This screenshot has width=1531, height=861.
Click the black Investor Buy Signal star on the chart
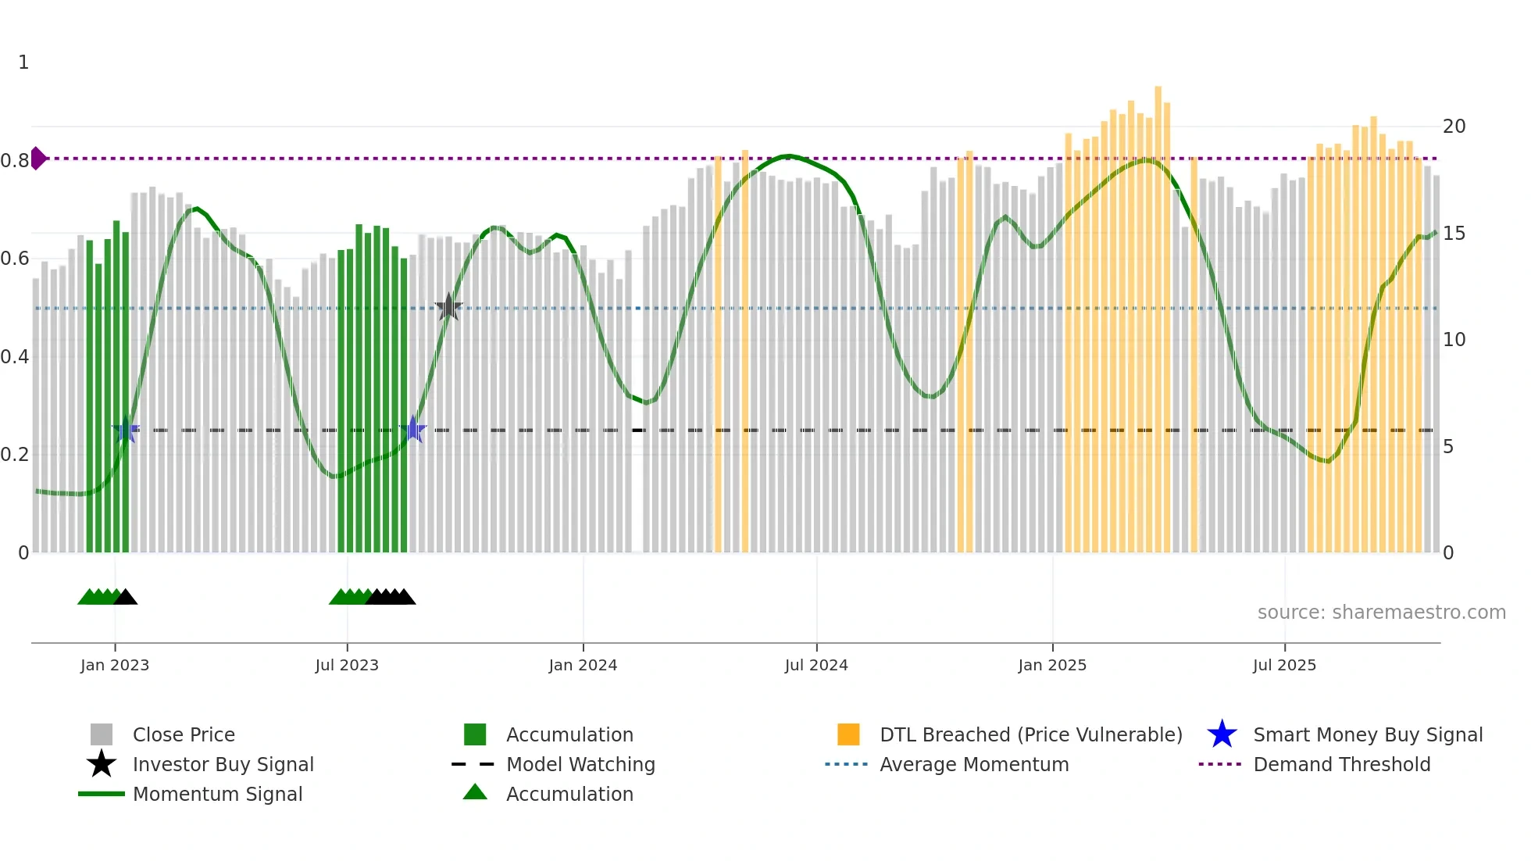click(x=448, y=307)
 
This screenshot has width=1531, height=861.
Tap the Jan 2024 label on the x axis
click(x=583, y=665)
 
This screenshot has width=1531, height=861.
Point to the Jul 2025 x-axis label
click(x=1284, y=665)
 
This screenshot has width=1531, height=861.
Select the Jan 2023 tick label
click(x=115, y=665)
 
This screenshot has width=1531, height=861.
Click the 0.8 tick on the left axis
click(x=15, y=161)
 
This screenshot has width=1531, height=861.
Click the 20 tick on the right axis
click(x=1454, y=127)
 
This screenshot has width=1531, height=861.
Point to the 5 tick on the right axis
click(x=1448, y=447)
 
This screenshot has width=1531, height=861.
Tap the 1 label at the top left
click(x=23, y=63)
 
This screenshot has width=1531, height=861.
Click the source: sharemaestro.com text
click(x=1381, y=612)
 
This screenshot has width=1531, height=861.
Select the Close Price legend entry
click(x=184, y=734)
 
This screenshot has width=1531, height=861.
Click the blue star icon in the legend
click(x=1222, y=734)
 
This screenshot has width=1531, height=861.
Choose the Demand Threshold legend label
click(x=1341, y=764)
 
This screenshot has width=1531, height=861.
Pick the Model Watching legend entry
click(x=580, y=764)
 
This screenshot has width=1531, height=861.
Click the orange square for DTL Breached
click(x=848, y=734)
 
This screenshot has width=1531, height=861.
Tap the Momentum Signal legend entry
click(x=217, y=794)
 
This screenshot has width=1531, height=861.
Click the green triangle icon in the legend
click(x=475, y=793)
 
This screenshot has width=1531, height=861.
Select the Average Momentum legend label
click(x=974, y=764)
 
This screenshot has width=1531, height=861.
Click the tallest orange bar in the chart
click(x=1158, y=313)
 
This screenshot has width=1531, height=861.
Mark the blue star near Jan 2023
click(x=126, y=430)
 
